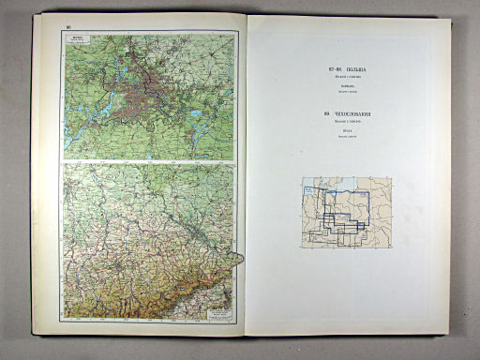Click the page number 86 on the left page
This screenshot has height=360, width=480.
(x=69, y=28)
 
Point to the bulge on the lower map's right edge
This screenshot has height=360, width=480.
(x=239, y=258)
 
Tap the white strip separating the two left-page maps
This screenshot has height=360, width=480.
(x=150, y=161)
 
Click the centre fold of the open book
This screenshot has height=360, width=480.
(x=246, y=178)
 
